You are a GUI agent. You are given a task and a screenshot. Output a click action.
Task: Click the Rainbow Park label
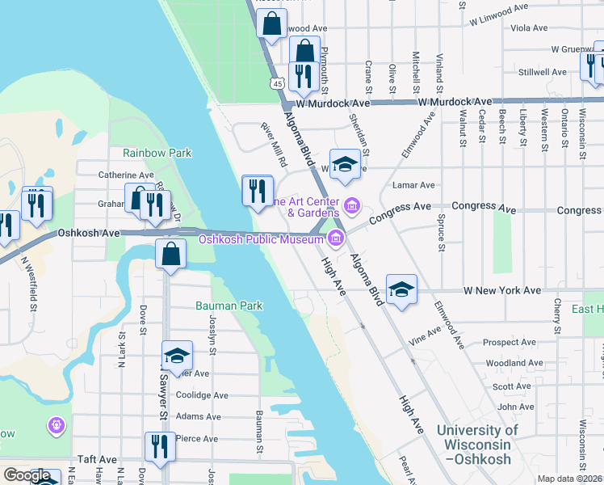pyautogui.click(x=157, y=152)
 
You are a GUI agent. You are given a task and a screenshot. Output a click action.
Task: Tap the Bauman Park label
pyautogui.click(x=229, y=306)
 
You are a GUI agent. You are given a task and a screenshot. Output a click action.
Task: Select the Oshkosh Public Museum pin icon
pyautogui.click(x=335, y=238)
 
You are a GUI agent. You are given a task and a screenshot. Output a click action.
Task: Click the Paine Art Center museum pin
pyautogui.click(x=351, y=203)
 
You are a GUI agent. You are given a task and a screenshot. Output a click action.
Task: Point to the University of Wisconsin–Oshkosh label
pyautogui.click(x=478, y=445)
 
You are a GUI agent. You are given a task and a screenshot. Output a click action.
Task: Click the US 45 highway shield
pyautogui.click(x=277, y=83)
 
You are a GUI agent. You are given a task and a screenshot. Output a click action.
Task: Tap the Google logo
pyautogui.click(x=27, y=475)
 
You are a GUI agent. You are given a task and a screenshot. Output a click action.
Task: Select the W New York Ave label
pyautogui.click(x=501, y=289)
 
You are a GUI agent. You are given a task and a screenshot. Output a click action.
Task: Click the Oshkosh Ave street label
pyautogui.click(x=88, y=233)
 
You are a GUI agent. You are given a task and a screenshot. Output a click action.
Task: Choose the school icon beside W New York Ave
pyautogui.click(x=401, y=290)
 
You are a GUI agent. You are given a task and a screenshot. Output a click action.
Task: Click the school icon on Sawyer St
pyautogui.click(x=177, y=356)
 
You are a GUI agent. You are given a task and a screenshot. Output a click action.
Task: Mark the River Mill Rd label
pyautogui.click(x=274, y=144)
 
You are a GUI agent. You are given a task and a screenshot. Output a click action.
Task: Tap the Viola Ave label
pyautogui.click(x=530, y=27)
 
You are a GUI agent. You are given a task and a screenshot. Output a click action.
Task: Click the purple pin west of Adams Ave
pyautogui.click(x=56, y=424)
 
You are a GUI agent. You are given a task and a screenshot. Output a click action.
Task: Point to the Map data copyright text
pyautogui.click(x=570, y=479)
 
